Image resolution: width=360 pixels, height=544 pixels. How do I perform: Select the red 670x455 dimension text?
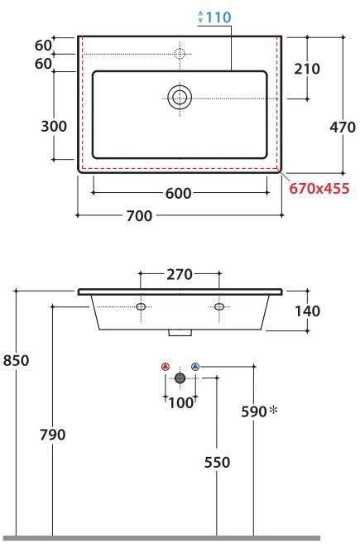(319, 188)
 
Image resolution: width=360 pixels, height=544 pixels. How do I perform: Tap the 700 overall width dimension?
(139, 216)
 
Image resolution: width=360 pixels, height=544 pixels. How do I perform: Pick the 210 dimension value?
(306, 69)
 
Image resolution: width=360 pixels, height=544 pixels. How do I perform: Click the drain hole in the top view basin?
(180, 97)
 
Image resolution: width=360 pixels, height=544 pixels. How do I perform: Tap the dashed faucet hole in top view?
(179, 55)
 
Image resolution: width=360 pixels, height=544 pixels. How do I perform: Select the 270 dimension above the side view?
(180, 275)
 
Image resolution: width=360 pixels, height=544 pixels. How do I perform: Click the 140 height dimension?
(306, 311)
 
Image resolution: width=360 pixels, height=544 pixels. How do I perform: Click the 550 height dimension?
(217, 462)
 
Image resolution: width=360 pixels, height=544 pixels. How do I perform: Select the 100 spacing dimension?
(180, 402)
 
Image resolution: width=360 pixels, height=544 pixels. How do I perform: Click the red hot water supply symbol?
(165, 366)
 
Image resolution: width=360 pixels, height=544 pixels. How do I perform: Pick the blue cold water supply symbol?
(195, 366)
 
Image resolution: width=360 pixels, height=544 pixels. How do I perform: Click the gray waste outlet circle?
(180, 378)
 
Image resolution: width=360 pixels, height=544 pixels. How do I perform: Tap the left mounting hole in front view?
(141, 307)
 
